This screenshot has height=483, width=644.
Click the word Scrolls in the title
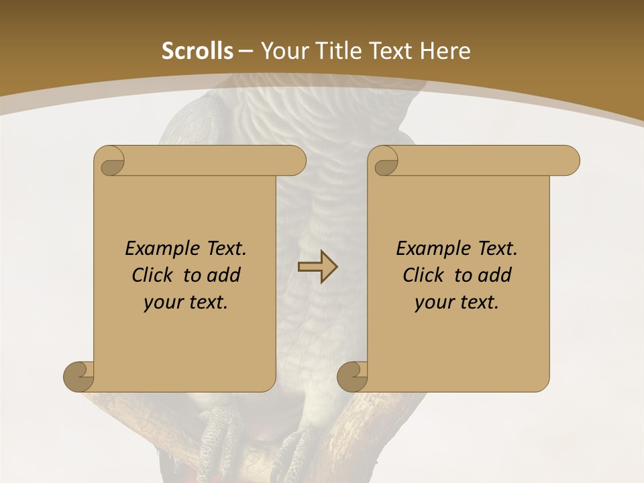pyautogui.click(x=197, y=51)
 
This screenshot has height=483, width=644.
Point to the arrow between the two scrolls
pyautogui.click(x=317, y=267)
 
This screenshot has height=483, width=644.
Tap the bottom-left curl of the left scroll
pyautogui.click(x=78, y=376)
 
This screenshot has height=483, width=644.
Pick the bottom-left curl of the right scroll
pyautogui.click(x=352, y=376)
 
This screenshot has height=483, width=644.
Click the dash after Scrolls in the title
pyautogui.click(x=246, y=51)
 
